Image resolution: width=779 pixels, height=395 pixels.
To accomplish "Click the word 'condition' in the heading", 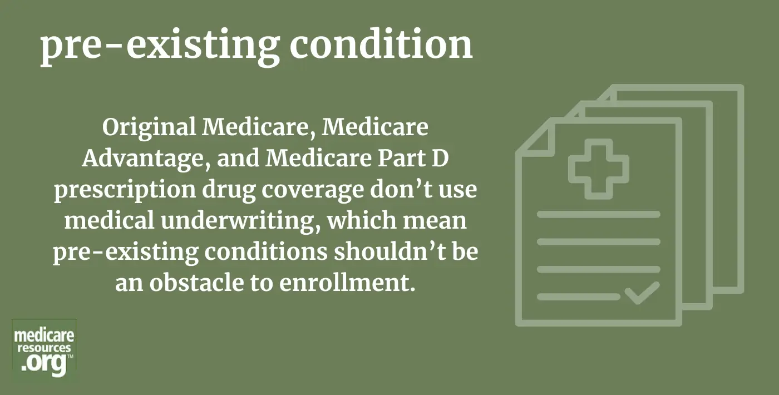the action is coord(381,45).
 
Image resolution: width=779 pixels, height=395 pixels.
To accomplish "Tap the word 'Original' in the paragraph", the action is coord(149,128).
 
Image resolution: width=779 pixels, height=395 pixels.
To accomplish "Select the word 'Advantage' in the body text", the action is coord(146,159).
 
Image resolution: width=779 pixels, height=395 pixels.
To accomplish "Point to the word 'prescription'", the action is coord(125,190).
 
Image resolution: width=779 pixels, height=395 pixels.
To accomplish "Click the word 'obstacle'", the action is coord(197,283).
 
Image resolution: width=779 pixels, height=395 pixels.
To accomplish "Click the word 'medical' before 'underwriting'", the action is coord(109,220).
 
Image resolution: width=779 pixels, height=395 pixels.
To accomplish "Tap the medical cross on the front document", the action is coord(599,169).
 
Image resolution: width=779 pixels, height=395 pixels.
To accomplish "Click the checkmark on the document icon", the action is coord(642,293).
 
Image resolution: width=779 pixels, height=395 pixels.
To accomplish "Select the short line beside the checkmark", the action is coord(579,297).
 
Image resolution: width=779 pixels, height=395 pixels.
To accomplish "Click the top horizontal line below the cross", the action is coord(599,214).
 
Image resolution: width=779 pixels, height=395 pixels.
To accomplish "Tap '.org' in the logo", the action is coord(43,364).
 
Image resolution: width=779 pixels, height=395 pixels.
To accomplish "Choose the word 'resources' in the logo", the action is coord(44,348).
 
